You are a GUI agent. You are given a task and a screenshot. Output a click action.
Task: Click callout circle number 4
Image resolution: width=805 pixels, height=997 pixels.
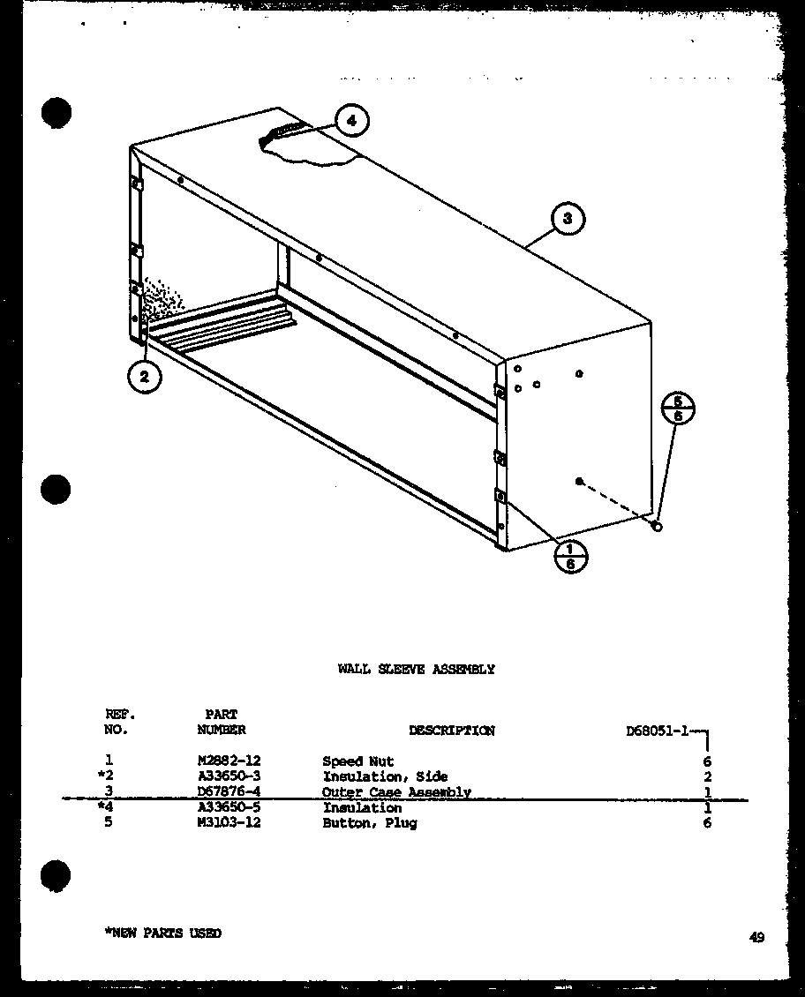click(x=351, y=122)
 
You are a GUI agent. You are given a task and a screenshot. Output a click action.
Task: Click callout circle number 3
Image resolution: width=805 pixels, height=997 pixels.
click(x=568, y=219)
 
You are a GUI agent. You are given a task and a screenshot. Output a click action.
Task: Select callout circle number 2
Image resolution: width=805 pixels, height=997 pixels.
click(x=145, y=378)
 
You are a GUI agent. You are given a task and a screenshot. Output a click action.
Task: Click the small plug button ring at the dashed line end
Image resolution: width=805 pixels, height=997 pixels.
click(x=657, y=526)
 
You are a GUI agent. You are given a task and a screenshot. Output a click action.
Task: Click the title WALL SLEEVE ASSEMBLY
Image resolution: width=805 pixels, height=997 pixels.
click(x=416, y=670)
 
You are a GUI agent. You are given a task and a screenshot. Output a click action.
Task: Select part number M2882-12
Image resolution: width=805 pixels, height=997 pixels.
click(x=229, y=761)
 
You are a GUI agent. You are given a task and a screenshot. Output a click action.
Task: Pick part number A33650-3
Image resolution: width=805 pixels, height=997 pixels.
click(x=229, y=777)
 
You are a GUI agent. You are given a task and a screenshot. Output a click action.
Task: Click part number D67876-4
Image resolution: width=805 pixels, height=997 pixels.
click(x=229, y=792)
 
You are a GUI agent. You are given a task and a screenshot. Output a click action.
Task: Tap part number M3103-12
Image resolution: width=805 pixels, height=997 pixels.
click(x=229, y=823)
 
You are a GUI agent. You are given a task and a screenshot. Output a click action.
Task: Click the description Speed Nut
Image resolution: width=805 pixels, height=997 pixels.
click(x=357, y=761)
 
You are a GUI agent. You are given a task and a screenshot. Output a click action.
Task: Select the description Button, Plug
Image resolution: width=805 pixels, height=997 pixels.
click(x=369, y=823)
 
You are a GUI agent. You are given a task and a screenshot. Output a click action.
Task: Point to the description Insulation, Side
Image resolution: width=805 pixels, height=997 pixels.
click(x=385, y=777)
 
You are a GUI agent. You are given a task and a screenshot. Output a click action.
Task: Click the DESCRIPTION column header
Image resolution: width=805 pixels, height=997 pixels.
click(x=451, y=731)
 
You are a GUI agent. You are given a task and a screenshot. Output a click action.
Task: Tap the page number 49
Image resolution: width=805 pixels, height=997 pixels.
click(x=756, y=938)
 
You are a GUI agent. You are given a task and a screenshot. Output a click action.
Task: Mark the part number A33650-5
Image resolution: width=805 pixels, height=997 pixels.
click(x=229, y=808)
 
